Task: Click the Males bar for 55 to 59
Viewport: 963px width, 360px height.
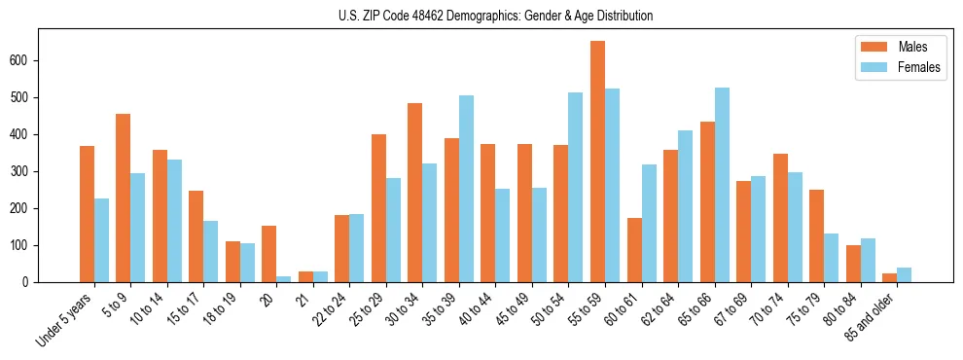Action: (x=597, y=162)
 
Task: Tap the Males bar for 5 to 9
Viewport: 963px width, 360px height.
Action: (x=123, y=198)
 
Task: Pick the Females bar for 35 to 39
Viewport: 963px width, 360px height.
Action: (x=466, y=189)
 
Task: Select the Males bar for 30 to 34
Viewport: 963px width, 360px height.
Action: (x=414, y=193)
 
